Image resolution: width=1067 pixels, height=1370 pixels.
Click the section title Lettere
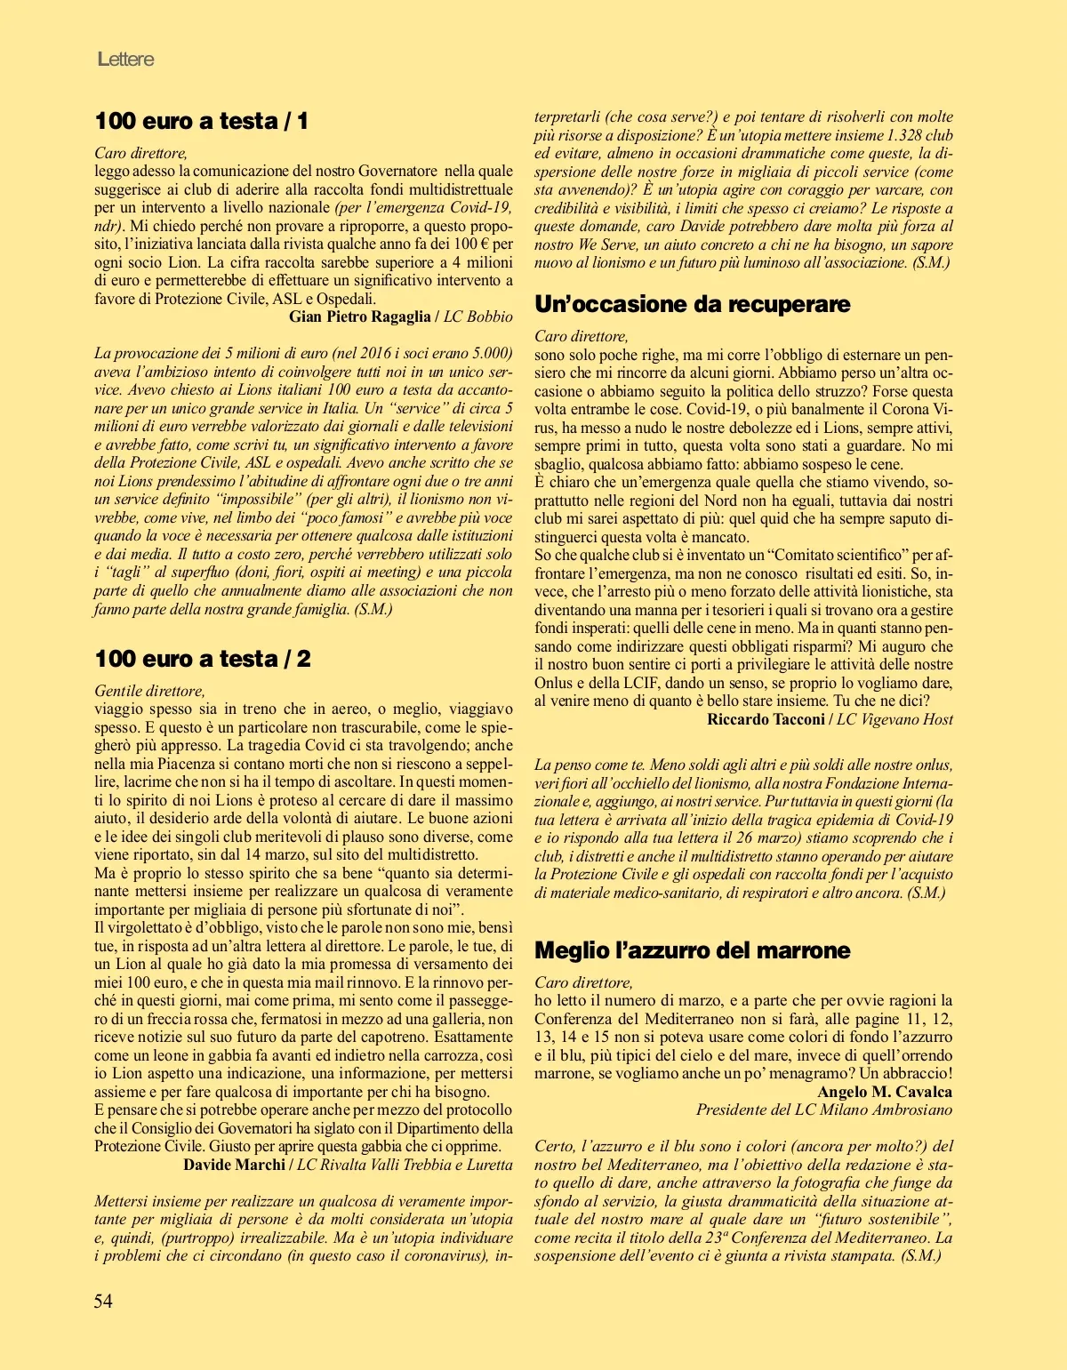click(x=125, y=59)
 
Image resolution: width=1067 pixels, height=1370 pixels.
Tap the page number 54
click(x=103, y=1301)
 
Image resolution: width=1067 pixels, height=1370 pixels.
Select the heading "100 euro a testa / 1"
click(x=201, y=121)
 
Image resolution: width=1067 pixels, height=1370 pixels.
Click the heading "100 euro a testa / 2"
click(x=202, y=659)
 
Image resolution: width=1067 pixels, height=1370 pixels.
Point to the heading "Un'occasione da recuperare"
click(x=692, y=304)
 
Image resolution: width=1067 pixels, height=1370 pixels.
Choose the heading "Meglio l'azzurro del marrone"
click(x=692, y=950)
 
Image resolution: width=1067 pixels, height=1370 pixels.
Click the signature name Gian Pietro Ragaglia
click(x=359, y=316)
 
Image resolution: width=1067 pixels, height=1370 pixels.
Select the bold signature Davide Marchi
click(x=234, y=1165)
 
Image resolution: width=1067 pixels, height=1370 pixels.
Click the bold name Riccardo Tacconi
click(x=766, y=719)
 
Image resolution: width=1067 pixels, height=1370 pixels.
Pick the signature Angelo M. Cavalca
click(x=884, y=1092)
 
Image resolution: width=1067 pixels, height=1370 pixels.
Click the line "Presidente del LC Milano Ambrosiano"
click(x=823, y=1110)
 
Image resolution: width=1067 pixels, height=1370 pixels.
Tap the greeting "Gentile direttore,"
click(x=149, y=691)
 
